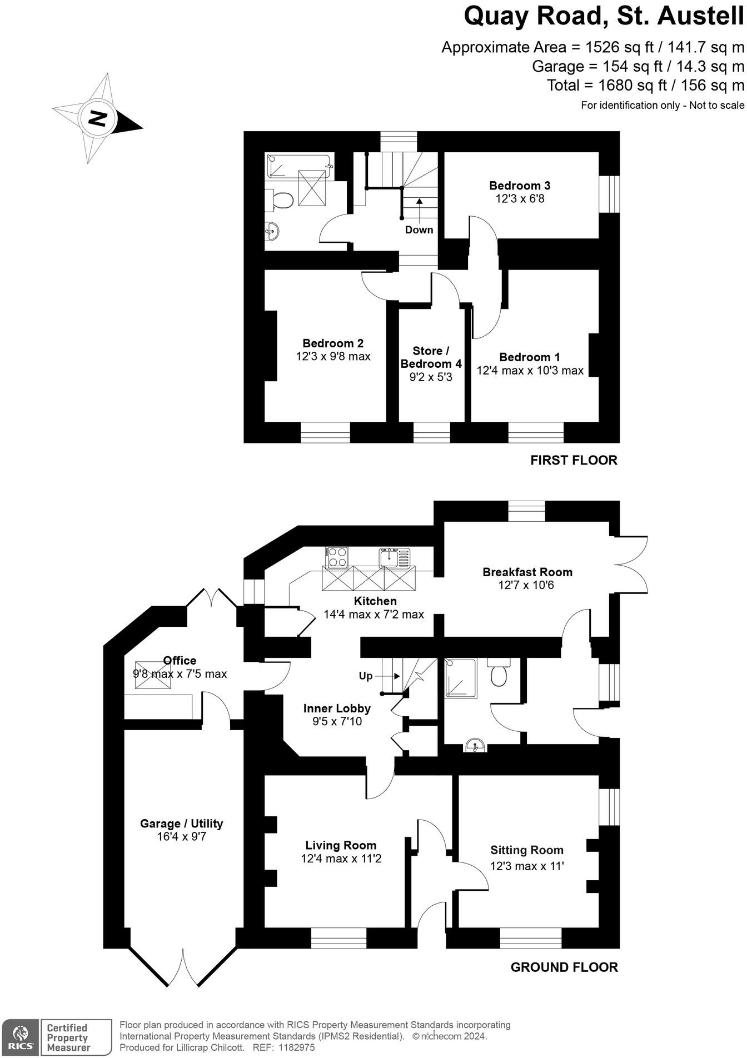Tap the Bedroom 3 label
coord(520,186)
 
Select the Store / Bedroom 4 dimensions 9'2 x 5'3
coord(431,377)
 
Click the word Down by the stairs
coord(419,230)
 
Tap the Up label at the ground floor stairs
coord(365,676)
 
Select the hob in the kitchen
coord(337,557)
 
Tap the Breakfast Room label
coord(527,572)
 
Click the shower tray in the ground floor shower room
coord(461,678)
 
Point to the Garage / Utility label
coord(181,824)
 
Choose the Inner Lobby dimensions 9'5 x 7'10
coord(337,722)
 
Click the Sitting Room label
coord(526,850)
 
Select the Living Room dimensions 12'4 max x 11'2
coord(341,859)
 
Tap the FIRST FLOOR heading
coord(574,460)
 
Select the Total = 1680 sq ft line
coord(645,86)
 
